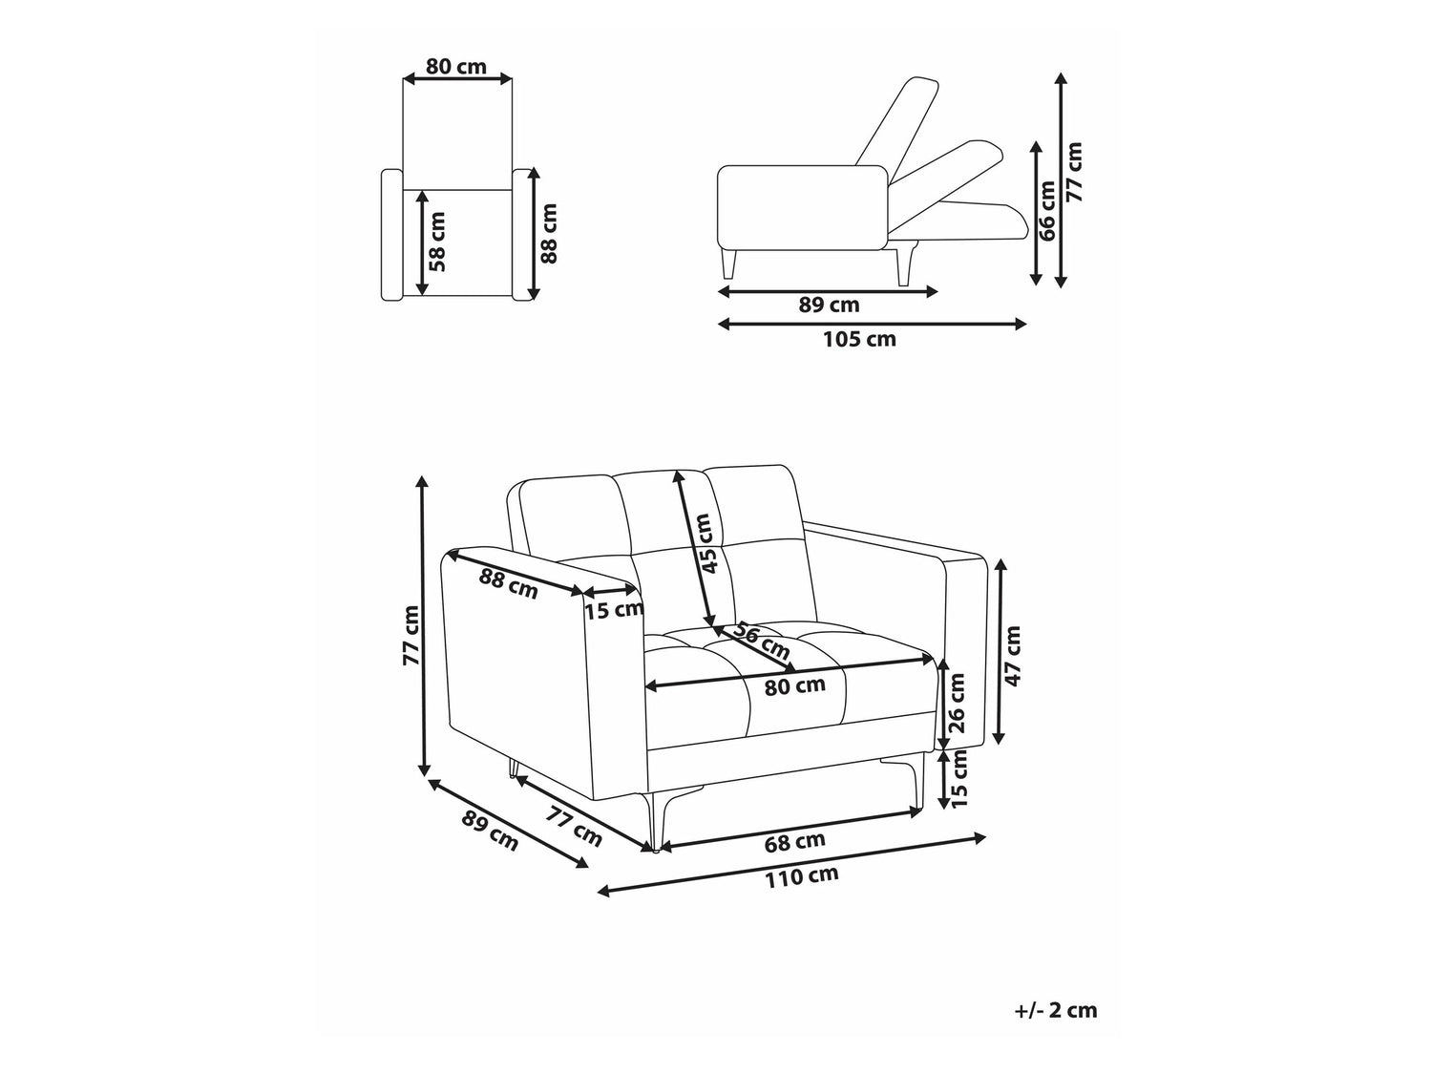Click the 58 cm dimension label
tap(437, 242)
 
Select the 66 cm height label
tap(1045, 211)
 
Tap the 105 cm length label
tap(859, 339)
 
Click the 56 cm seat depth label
tap(761, 641)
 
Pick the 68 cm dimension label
tap(794, 842)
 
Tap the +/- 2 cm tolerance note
tap(1056, 1011)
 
